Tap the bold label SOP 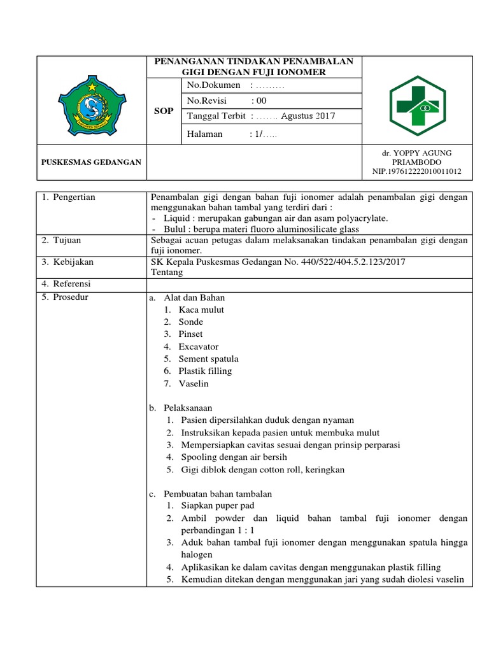pyautogui.click(x=164, y=111)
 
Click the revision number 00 pyautogui.click(x=260, y=101)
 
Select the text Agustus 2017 pyautogui.click(x=308, y=116)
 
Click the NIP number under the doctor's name pyautogui.click(x=417, y=172)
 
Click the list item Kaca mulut pyautogui.click(x=201, y=310)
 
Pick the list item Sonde pyautogui.click(x=191, y=322)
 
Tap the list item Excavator pyautogui.click(x=198, y=346)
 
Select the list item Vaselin pyautogui.click(x=194, y=383)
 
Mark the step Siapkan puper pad pyautogui.click(x=217, y=506)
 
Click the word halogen pyautogui.click(x=197, y=555)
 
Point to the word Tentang pyautogui.click(x=167, y=272)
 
